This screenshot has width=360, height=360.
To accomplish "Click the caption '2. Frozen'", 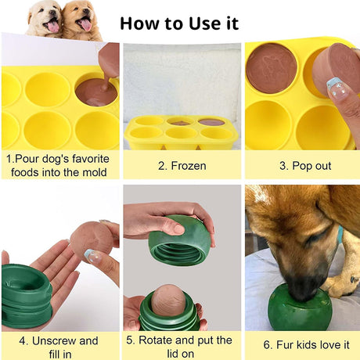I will pos(181,166).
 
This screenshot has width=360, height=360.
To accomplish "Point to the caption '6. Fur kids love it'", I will pos(301,344).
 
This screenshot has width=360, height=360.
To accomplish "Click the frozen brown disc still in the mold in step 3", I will pos(271,67).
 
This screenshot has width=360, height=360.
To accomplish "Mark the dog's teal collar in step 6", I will pos(340,235).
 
